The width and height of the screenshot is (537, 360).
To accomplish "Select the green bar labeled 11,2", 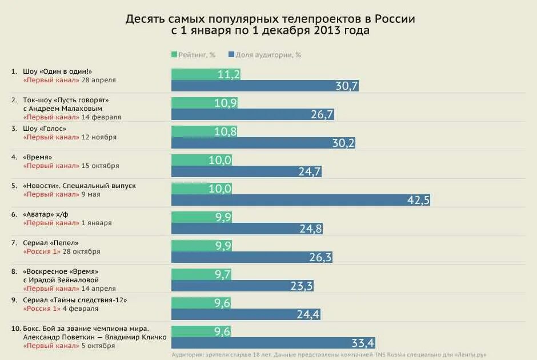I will (206, 74).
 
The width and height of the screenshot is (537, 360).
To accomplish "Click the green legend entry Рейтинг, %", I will (193, 55).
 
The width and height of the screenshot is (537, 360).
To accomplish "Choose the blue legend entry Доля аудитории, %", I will (264, 55).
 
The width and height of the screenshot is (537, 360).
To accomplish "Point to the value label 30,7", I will (347, 86).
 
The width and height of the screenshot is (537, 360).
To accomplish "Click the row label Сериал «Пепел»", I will (51, 243).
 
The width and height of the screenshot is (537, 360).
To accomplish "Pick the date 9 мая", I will (91, 194).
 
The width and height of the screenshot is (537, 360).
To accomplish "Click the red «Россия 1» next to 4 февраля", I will (42, 309).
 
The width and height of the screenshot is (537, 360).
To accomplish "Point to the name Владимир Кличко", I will (139, 337).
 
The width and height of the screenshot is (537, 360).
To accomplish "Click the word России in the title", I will (395, 18).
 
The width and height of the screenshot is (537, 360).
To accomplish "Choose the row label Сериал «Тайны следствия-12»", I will (74, 300).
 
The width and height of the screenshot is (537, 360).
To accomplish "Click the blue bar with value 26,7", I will (253, 114).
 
